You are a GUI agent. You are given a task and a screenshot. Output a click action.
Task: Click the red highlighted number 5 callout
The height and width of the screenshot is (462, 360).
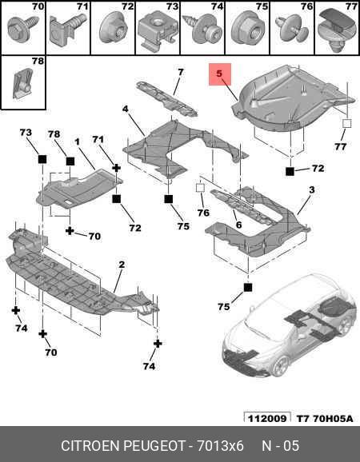pyautogui.click(x=220, y=74)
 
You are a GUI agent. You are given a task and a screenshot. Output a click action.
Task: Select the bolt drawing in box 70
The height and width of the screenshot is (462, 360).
pyautogui.click(x=23, y=29)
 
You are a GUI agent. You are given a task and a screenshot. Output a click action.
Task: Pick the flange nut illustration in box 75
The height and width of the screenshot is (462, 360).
pyautogui.click(x=246, y=29)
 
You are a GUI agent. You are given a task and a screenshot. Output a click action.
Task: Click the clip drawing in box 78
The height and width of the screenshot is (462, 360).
pyautogui.click(x=23, y=83)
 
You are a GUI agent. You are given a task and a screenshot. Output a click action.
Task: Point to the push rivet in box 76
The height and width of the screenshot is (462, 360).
pyautogui.click(x=291, y=29)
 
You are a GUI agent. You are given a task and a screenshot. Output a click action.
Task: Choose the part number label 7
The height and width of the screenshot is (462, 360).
pyautogui.click(x=181, y=72)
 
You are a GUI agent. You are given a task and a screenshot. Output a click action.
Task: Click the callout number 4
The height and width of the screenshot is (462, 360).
pyautogui.click(x=126, y=109)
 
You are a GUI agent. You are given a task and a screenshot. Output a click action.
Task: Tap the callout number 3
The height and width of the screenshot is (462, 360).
pyautogui.click(x=312, y=189)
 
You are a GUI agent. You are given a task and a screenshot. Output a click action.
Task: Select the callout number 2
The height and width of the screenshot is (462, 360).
pyautogui.click(x=122, y=265)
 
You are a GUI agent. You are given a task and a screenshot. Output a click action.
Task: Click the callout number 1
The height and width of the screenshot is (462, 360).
pyautogui.click(x=77, y=142)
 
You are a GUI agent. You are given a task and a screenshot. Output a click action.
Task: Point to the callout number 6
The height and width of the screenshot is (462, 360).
pyautogui.click(x=238, y=225)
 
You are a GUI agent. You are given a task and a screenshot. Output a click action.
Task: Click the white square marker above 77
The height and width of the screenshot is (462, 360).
pyautogui.click(x=347, y=123)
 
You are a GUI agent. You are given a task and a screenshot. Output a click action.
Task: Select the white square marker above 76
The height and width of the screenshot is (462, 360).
pyautogui.click(x=201, y=188)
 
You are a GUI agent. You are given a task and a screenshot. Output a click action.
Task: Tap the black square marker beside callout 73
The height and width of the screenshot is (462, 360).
pyautogui.click(x=42, y=159)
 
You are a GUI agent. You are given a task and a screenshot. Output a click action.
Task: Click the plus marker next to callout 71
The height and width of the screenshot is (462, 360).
pyautogui.click(x=117, y=168)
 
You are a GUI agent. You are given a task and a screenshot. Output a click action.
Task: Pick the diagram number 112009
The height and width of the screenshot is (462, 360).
pyautogui.click(x=267, y=418)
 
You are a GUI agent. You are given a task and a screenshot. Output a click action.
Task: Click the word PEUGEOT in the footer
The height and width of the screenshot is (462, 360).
pyautogui.click(x=154, y=446)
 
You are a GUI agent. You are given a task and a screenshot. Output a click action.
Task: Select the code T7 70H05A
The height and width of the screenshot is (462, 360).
pyautogui.click(x=324, y=418)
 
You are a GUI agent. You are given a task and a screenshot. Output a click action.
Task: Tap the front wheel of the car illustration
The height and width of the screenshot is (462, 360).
pyautogui.click(x=280, y=366)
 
